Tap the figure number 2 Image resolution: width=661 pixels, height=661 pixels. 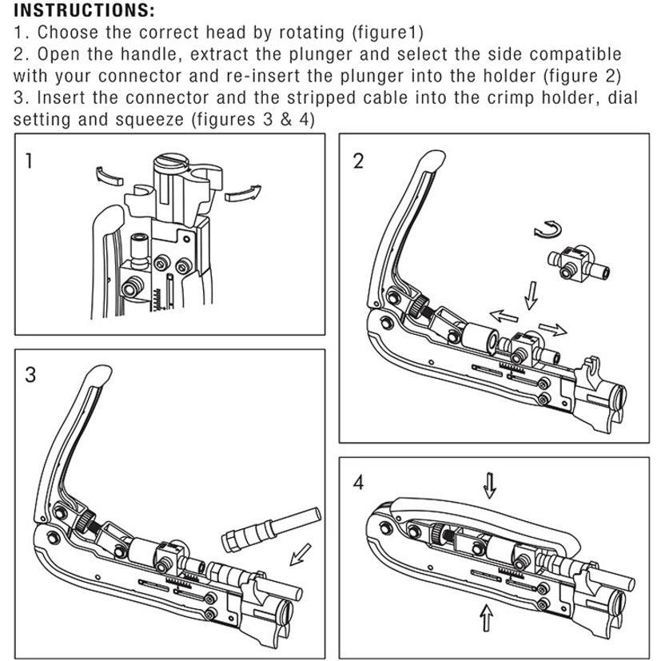pos(357,161)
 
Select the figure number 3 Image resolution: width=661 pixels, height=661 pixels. pos(30,375)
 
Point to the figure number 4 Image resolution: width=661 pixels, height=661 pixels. pos(357,483)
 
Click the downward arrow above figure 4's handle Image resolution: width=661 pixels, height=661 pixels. pos(490,482)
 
